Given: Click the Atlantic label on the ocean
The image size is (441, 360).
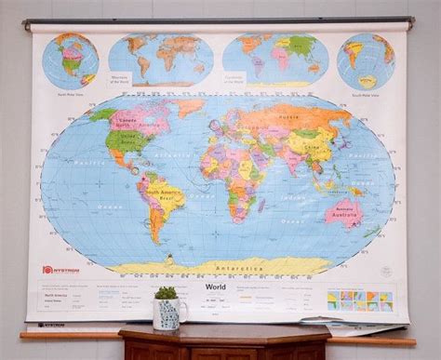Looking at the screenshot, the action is coord(174,154).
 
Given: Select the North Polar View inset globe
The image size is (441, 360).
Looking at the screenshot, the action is coord(71,60).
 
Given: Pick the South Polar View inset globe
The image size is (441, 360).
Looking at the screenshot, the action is coord(365,61).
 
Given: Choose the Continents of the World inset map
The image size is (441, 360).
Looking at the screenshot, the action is coord(276,58).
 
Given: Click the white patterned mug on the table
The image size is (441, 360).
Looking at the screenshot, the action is coord(169,314).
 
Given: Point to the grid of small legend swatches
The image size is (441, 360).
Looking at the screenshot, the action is coord(359,300).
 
